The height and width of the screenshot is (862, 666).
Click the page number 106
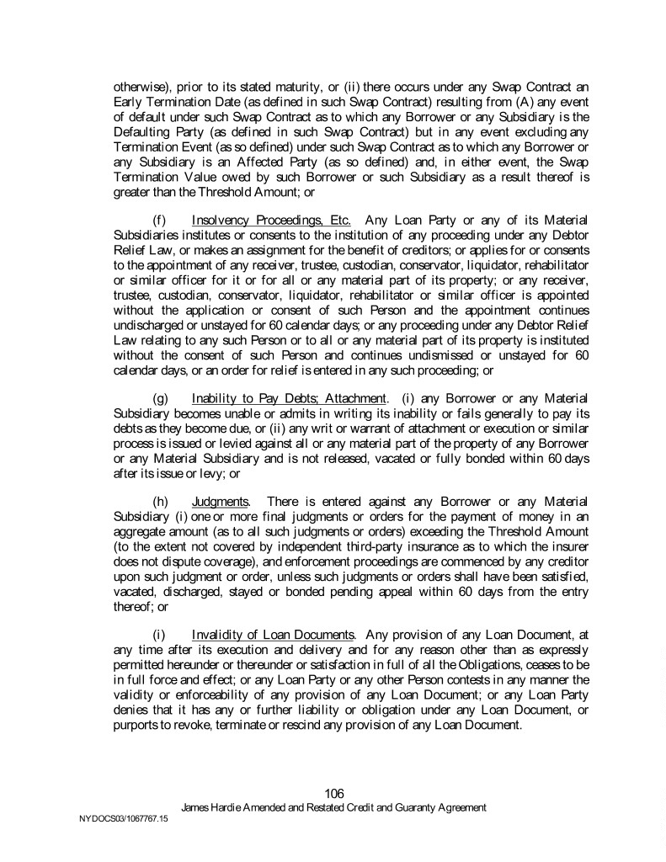pos(334,793)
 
